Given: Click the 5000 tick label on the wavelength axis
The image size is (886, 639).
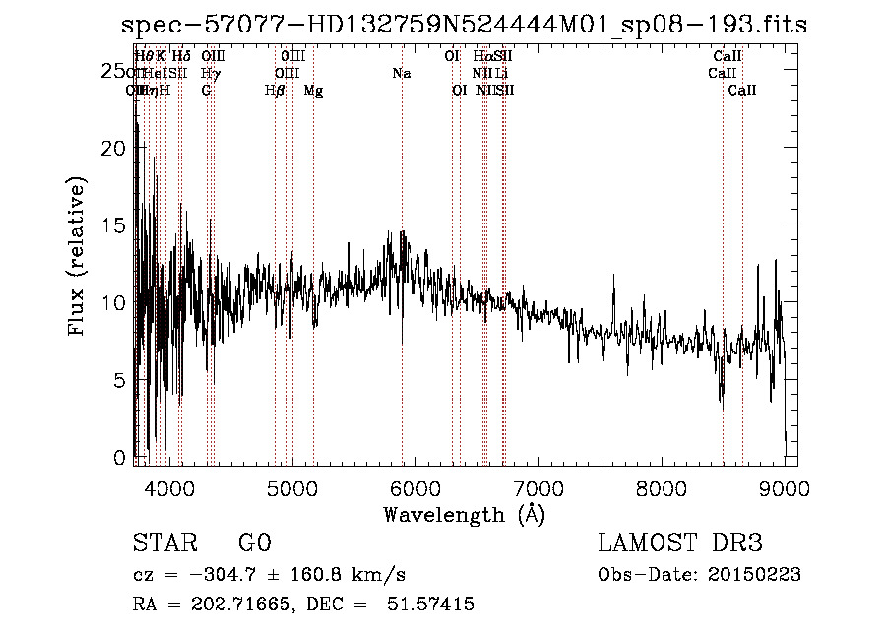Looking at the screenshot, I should (291, 489).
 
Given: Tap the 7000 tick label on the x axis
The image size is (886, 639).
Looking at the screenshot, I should (538, 489).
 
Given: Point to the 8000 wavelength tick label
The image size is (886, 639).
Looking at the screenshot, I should (661, 489).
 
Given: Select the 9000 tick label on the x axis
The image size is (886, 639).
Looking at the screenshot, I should (784, 489).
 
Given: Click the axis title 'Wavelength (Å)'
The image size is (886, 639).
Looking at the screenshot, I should (464, 514).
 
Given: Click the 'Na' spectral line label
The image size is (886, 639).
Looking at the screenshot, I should (401, 74).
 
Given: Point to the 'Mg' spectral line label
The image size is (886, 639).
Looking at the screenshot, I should (313, 91).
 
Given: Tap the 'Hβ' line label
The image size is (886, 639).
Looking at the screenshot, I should (275, 91).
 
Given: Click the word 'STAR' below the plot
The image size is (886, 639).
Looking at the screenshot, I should (164, 543).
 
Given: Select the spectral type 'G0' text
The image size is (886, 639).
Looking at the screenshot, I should (255, 543).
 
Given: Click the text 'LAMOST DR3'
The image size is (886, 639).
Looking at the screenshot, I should (680, 543).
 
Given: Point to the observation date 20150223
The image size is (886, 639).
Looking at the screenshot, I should (754, 575).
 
